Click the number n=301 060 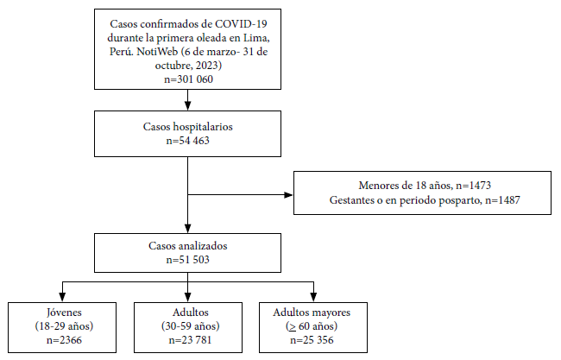[x=188, y=79]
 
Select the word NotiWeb [x=157, y=52]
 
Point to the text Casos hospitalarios [x=188, y=127]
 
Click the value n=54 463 [x=188, y=141]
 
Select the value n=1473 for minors [x=473, y=186]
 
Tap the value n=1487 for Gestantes [x=502, y=200]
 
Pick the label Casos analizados [x=188, y=246]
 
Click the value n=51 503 [x=188, y=260]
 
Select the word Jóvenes [x=64, y=313]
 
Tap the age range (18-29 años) [x=64, y=326]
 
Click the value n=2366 [x=64, y=340]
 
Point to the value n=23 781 [x=190, y=340]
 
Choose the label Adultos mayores [x=312, y=313]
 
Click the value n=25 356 [x=312, y=340]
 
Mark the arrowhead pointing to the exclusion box [x=288, y=195]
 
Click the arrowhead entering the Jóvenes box [x=62, y=297]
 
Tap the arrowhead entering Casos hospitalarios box [x=187, y=105]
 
